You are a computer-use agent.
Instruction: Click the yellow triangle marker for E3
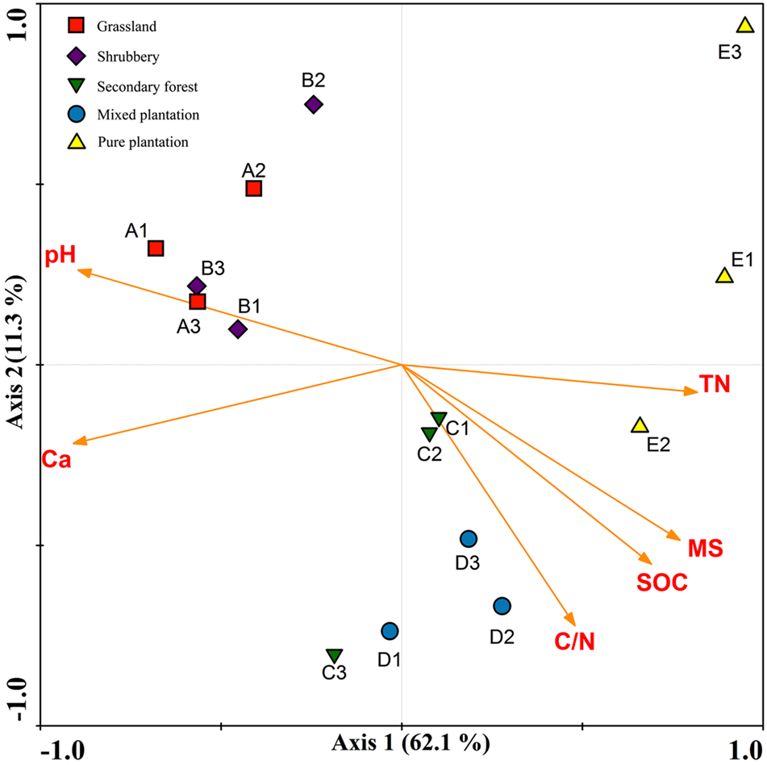pyautogui.click(x=745, y=27)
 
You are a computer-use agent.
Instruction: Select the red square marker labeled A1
pyautogui.click(x=156, y=248)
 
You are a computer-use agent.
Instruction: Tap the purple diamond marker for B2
pyautogui.click(x=314, y=104)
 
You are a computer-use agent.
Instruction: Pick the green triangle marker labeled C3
pyautogui.click(x=334, y=655)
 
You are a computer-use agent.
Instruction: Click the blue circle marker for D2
pyautogui.click(x=502, y=606)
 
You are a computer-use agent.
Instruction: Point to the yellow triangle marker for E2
pyautogui.click(x=640, y=425)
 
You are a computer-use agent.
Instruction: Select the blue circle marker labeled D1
pyautogui.click(x=390, y=631)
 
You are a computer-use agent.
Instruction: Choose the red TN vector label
pyautogui.click(x=715, y=385)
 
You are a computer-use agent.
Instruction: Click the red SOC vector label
pyautogui.click(x=661, y=583)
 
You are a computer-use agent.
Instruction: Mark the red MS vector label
pyautogui.click(x=705, y=549)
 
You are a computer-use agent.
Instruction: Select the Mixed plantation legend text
pyautogui.click(x=148, y=115)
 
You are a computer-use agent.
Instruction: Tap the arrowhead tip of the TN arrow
pyautogui.click(x=697, y=392)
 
